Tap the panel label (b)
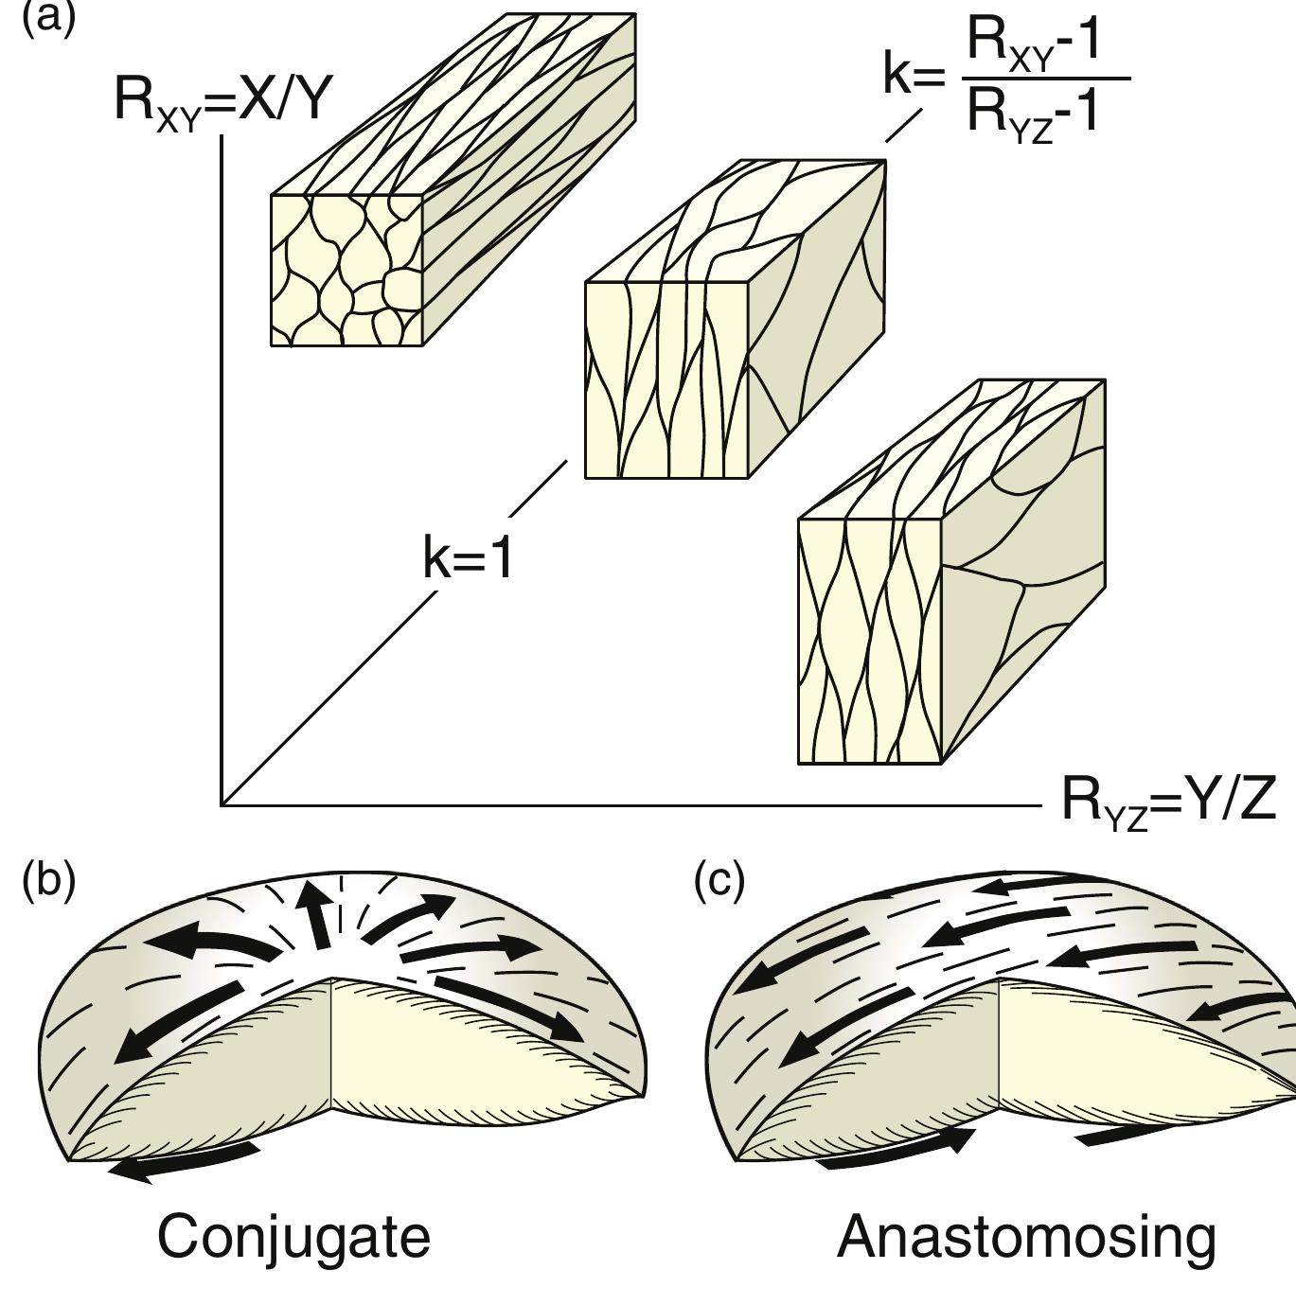tap(47, 881)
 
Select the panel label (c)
tap(719, 881)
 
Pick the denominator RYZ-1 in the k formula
tap(1033, 113)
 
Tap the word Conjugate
tap(293, 1237)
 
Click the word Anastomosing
tap(1026, 1237)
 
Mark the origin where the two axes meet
tap(222, 805)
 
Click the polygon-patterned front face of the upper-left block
tap(346, 270)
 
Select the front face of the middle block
tap(666, 379)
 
